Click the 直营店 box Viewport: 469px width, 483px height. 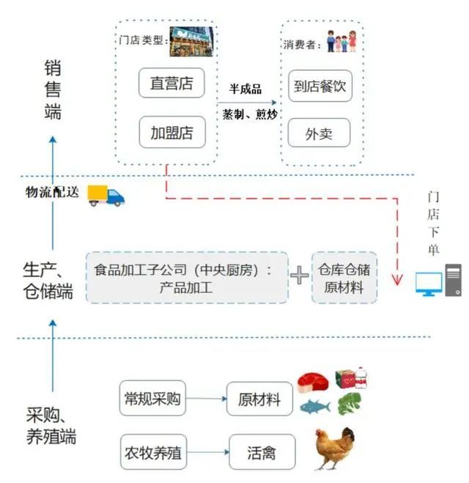(x=171, y=83)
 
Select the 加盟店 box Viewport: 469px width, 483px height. (x=172, y=132)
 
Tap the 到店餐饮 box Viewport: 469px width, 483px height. (x=320, y=86)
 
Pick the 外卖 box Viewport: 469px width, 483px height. (x=319, y=133)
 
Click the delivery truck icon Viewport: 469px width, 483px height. (x=106, y=195)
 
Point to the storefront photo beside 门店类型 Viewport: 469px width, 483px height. (x=191, y=42)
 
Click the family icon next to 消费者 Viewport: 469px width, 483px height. (x=341, y=41)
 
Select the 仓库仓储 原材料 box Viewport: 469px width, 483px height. (x=344, y=278)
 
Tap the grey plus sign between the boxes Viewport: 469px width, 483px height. (x=299, y=275)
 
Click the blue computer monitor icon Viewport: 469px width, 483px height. (x=429, y=284)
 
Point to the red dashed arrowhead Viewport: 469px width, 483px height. (x=397, y=280)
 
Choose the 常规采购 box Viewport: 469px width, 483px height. (x=152, y=398)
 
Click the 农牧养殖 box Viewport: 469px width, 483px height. (x=153, y=452)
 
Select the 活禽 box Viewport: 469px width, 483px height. (x=262, y=452)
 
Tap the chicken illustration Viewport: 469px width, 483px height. (x=334, y=449)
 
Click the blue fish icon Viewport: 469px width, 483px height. (x=315, y=407)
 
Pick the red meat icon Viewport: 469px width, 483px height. (x=313, y=383)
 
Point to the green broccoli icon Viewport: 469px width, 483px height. (x=350, y=404)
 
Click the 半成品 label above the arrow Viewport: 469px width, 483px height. (x=245, y=89)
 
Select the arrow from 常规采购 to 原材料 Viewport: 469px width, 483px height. (x=207, y=399)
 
